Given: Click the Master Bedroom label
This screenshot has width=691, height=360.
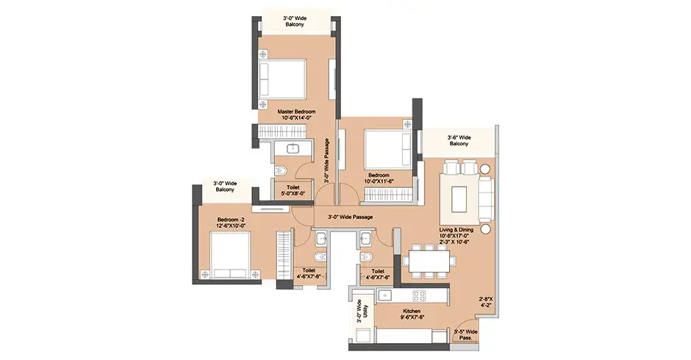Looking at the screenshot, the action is [x=296, y=112].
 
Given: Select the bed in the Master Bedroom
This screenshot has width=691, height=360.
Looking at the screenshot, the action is [x=282, y=79].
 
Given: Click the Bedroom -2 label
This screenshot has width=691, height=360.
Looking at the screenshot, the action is [x=231, y=220].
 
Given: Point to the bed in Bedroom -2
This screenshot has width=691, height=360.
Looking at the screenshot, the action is [x=229, y=255].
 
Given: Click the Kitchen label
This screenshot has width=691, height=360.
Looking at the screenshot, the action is [x=412, y=311].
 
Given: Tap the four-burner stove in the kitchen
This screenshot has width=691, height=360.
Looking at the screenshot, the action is [x=419, y=295].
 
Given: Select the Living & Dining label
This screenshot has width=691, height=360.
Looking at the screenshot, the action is [x=456, y=230].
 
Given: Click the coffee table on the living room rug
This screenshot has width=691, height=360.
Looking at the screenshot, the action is [x=459, y=200].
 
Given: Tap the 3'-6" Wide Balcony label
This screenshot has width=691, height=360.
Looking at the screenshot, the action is [x=459, y=140].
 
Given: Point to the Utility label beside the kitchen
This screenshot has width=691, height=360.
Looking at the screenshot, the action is [x=365, y=312].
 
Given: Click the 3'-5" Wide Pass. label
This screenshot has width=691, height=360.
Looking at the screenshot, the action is [x=466, y=335].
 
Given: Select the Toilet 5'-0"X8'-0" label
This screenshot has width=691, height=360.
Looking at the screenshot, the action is [x=293, y=190].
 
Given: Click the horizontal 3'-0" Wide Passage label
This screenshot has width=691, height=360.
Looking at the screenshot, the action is [x=351, y=217].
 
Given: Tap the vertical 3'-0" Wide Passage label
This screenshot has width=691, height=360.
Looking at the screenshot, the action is [x=326, y=161].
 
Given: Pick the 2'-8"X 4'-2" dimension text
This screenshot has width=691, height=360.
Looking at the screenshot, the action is [x=484, y=302].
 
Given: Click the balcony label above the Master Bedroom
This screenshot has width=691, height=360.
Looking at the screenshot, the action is [x=295, y=21].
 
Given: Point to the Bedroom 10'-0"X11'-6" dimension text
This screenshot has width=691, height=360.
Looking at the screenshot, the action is [x=379, y=181].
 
